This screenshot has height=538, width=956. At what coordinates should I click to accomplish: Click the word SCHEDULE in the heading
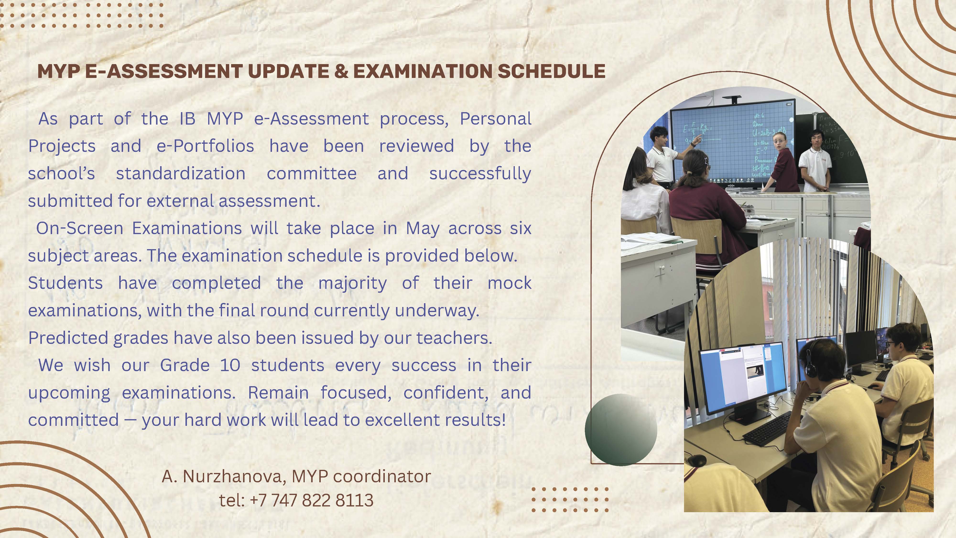(551, 71)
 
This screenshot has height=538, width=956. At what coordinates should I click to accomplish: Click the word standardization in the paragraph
(181, 173)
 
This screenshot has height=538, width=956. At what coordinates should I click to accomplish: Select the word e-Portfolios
(205, 146)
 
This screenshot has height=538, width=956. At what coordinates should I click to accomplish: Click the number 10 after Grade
(230, 365)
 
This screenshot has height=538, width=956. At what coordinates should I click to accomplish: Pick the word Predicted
(68, 338)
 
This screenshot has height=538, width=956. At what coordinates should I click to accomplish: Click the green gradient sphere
(621, 430)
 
